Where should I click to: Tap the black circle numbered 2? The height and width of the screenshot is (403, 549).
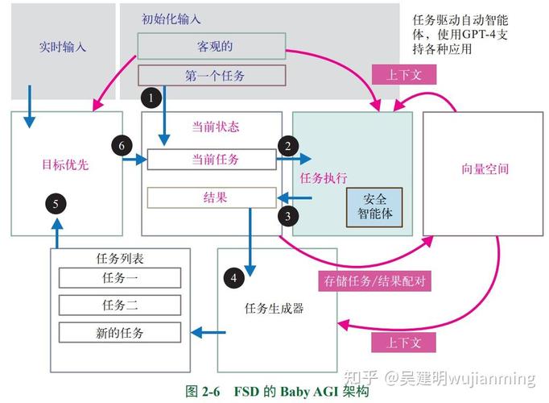click(x=287, y=146)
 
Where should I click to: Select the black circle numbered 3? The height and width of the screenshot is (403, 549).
click(x=287, y=215)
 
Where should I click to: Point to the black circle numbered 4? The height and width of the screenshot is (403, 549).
click(x=233, y=278)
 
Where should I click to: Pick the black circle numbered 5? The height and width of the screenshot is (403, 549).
click(x=56, y=203)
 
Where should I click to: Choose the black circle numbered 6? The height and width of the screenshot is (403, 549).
click(x=122, y=146)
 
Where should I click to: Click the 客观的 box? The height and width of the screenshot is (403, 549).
click(x=211, y=45)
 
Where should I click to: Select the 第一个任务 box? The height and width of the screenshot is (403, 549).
click(x=213, y=76)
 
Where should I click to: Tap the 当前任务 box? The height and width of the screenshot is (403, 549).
click(x=215, y=160)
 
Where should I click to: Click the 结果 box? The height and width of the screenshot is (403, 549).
click(x=215, y=197)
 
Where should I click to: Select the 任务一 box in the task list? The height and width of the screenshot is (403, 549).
click(x=120, y=278)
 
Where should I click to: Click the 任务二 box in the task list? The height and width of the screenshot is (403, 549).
click(x=120, y=305)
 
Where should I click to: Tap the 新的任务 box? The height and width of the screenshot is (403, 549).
click(x=120, y=333)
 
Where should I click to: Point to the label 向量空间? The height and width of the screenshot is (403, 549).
click(x=485, y=169)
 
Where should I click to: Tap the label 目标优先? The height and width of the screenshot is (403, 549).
click(x=65, y=165)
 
